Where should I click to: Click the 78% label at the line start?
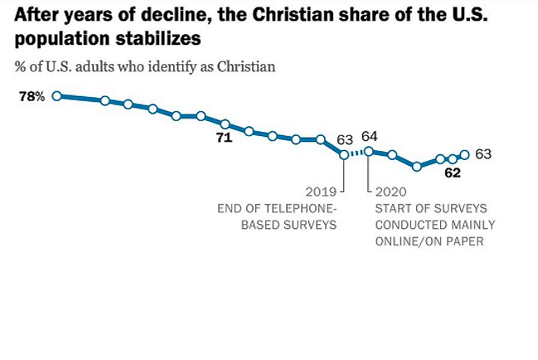tap(32, 97)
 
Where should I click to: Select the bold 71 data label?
tap(224, 138)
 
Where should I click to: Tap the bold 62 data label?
tap(453, 173)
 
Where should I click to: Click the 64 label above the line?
tap(370, 136)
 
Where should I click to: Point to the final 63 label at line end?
tap(483, 153)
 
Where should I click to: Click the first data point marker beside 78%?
tap(56, 96)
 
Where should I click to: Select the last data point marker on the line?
tap(464, 154)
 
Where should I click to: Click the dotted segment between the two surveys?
tap(356, 153)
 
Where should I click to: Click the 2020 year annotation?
tap(390, 190)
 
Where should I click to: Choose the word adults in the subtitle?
tap(90, 66)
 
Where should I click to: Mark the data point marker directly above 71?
tap(225, 124)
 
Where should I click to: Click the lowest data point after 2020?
tap(417, 167)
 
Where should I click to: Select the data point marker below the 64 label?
tap(369, 151)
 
